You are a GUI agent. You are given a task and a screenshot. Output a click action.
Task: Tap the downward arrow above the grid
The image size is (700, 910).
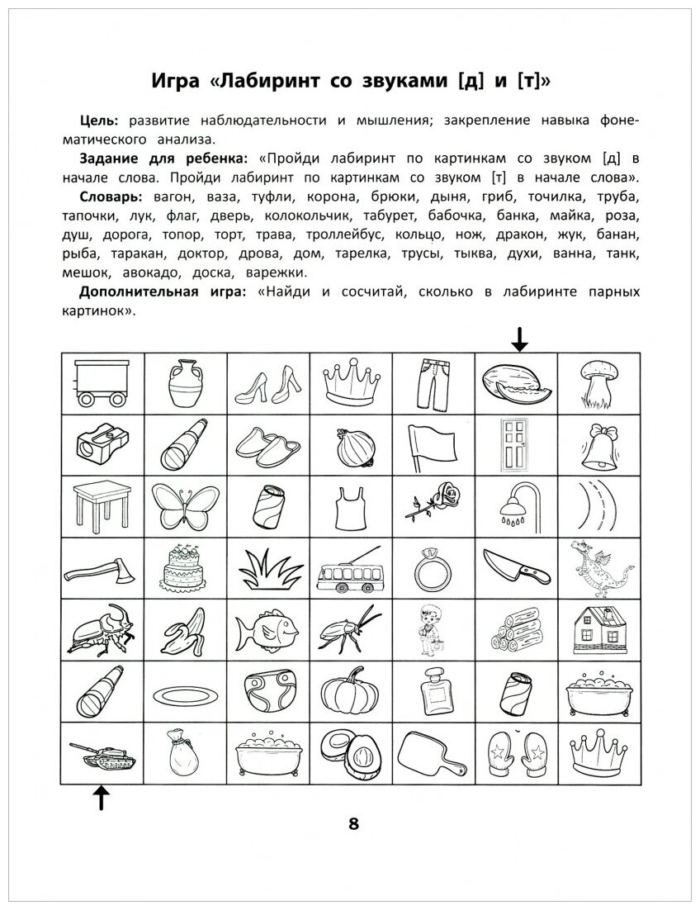518,339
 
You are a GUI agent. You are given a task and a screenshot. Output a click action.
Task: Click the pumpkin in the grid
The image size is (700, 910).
349,692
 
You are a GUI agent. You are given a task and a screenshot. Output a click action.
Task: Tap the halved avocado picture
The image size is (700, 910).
350,754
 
